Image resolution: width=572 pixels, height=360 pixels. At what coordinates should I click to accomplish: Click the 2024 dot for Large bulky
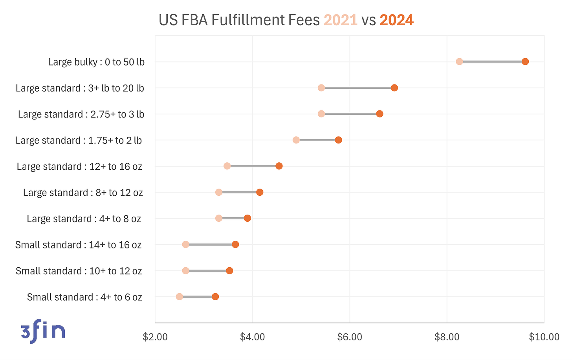(x=525, y=61)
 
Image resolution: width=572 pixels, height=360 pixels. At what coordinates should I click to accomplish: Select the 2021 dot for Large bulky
(x=459, y=61)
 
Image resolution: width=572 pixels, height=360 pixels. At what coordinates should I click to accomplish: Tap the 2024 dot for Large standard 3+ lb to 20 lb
(x=394, y=88)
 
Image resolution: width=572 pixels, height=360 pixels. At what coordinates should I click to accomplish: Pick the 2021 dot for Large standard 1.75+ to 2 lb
(x=296, y=140)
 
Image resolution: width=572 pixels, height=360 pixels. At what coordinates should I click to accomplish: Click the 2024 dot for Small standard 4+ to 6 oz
(x=215, y=297)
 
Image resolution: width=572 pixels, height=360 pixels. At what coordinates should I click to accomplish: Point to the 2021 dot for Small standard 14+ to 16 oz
(x=186, y=244)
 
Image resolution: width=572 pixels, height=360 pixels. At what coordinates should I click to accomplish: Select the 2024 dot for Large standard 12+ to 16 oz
(x=279, y=166)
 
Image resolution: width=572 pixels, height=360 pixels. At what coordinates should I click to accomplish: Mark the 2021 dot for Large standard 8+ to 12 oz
(x=219, y=192)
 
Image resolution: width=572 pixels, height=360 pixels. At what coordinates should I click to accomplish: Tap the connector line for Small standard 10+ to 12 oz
(x=207, y=271)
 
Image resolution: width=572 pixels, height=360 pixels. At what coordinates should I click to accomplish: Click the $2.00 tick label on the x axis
(x=156, y=337)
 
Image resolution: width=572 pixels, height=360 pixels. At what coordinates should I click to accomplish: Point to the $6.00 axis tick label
(x=350, y=337)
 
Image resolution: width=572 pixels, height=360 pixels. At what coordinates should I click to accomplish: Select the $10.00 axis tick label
(x=544, y=337)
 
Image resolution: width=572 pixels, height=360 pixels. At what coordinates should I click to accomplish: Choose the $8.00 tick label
(x=447, y=337)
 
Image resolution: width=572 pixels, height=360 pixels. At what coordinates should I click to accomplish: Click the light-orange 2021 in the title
(x=340, y=20)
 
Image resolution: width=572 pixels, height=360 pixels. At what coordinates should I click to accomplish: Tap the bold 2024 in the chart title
(x=396, y=20)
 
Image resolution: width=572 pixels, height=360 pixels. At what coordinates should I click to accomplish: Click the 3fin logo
(x=43, y=331)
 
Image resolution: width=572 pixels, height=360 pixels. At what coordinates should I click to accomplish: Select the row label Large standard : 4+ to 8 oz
(x=84, y=219)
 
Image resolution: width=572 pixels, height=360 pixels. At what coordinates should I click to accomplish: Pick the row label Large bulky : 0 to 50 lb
(x=96, y=62)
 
